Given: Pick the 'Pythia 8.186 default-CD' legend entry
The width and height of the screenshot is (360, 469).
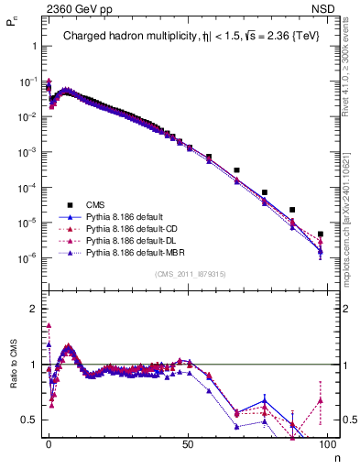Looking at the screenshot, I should coord(132,229).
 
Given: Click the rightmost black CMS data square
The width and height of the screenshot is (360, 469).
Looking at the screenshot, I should coord(320,234).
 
